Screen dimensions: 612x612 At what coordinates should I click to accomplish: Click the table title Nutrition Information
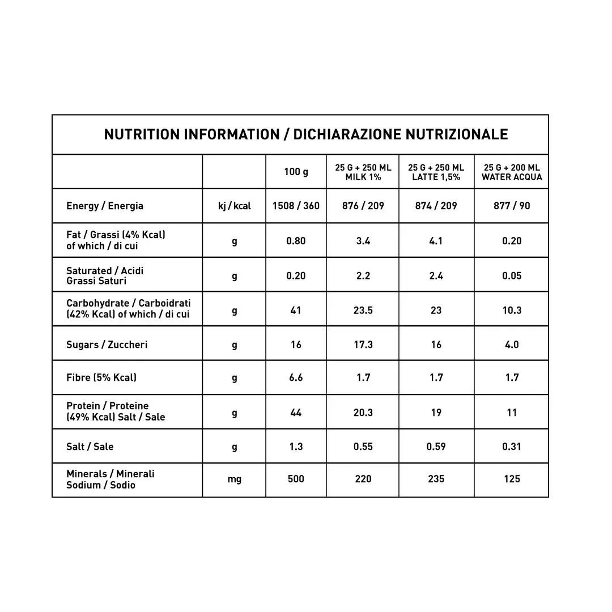pos(305,134)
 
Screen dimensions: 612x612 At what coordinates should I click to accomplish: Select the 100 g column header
pos(296,172)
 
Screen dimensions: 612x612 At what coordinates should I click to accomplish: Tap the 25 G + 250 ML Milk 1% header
pos(363,172)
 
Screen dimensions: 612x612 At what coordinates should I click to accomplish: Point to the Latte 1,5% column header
pos(436,172)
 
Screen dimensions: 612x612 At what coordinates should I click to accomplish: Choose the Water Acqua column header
pos(511,172)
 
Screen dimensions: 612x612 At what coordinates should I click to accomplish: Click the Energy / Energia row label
pos(105,206)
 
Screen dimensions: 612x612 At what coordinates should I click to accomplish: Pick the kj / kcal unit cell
pos(234,206)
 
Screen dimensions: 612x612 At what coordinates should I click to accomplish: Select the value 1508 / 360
pos(296,206)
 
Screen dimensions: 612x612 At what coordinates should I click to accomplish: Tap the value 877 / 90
pos(511,206)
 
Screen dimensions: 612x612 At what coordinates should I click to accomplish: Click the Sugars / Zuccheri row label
pos(107,345)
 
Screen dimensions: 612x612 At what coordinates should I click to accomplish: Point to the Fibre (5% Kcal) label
pos(101,377)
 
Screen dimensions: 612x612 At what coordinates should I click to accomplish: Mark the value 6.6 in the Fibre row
pos(296,377)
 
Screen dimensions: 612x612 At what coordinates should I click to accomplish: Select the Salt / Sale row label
pos(90,447)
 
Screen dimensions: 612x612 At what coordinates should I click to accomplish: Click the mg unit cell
pos(234,479)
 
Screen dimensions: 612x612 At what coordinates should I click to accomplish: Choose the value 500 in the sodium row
pos(296,479)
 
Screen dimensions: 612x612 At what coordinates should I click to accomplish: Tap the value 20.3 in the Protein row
pos(363,413)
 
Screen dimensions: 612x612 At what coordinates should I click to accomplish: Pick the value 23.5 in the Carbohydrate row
pos(363,310)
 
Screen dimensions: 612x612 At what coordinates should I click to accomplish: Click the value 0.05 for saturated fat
pos(511,275)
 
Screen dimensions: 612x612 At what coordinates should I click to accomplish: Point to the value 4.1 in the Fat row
pos(436,241)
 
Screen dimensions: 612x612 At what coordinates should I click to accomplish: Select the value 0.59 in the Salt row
pos(436,447)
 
